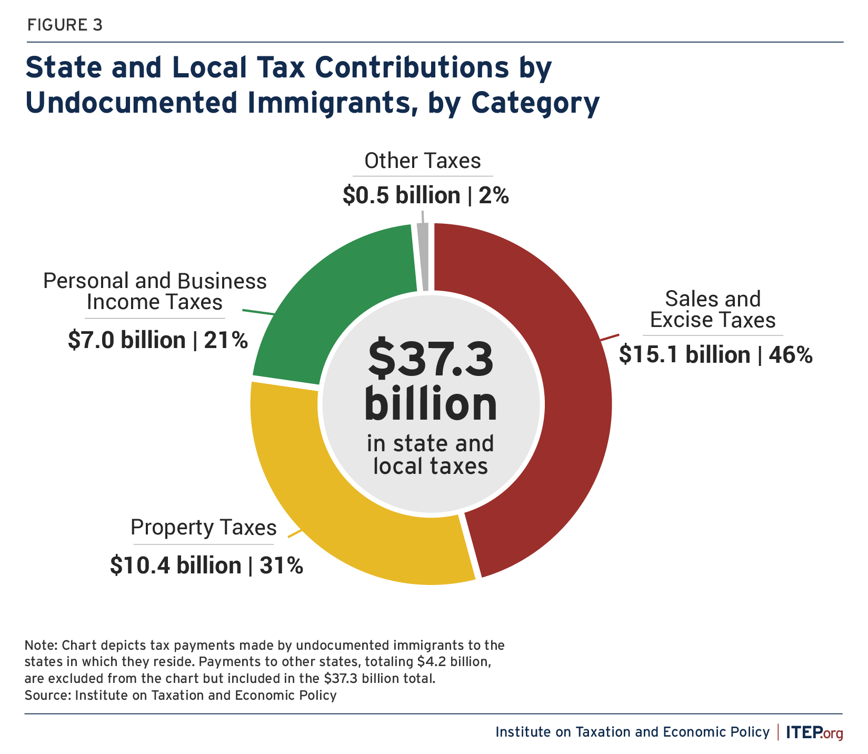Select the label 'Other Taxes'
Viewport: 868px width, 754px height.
tap(422, 161)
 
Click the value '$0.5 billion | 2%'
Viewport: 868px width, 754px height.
tap(425, 196)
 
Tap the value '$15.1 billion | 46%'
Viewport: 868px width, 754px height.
tap(715, 355)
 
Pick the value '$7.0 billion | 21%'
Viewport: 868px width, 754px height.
tap(157, 340)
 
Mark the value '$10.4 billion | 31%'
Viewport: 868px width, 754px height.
tap(206, 565)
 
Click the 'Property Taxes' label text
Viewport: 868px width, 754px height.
tap(203, 528)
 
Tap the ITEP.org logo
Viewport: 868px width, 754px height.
tap(814, 732)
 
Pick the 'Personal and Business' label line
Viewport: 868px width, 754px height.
tap(155, 281)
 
